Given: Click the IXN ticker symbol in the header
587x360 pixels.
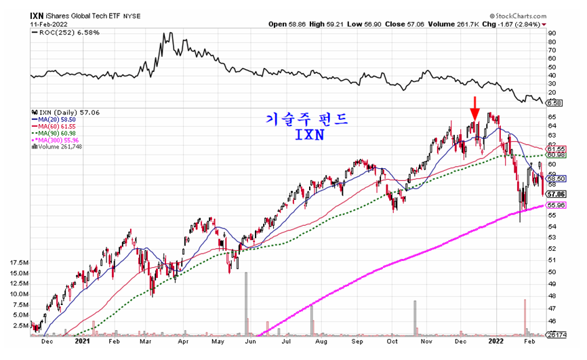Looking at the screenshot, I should pos(37,14).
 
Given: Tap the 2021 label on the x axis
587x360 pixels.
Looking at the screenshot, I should pos(83,342).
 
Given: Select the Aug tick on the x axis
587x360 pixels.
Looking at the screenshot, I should pos(321,342).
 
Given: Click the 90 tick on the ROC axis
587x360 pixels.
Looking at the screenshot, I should pos(552,33).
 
